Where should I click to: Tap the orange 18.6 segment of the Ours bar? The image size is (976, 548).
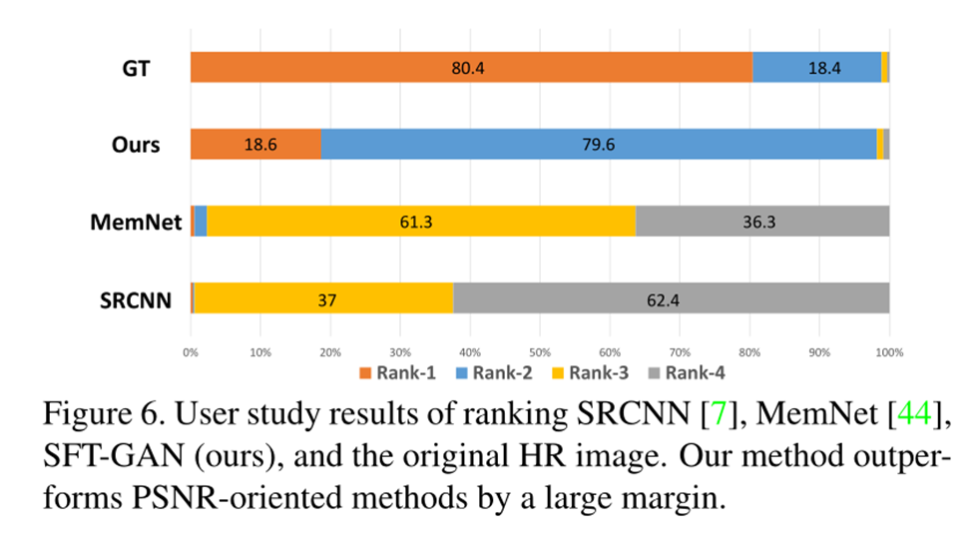tap(255, 144)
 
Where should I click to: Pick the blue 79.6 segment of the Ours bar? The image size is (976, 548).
tap(598, 144)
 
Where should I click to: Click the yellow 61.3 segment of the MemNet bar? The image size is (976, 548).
tap(421, 221)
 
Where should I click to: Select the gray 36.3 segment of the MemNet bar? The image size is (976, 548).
tap(761, 221)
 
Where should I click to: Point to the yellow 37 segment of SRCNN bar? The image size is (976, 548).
tap(324, 298)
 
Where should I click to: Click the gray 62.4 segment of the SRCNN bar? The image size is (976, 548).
tap(671, 298)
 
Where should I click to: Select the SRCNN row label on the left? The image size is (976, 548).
tap(125, 299)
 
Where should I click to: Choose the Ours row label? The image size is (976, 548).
tap(135, 145)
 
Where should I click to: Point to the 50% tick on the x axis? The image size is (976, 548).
tap(540, 352)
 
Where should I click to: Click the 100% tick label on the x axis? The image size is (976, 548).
tap(888, 352)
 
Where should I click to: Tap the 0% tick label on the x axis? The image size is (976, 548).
tap(191, 352)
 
